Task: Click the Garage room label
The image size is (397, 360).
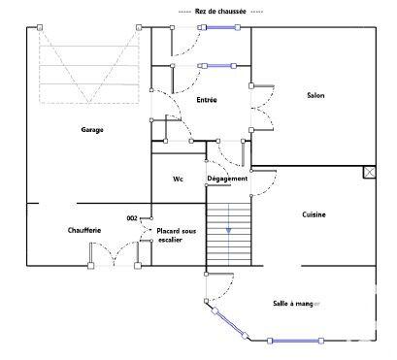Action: click(x=92, y=129)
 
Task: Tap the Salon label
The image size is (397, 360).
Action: click(x=315, y=95)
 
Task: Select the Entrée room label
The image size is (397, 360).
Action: click(x=206, y=100)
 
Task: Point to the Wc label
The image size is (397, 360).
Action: click(x=178, y=180)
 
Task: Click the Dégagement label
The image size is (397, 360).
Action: click(x=227, y=179)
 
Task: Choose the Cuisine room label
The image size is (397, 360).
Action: click(x=314, y=214)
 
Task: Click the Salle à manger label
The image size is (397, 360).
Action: click(x=295, y=304)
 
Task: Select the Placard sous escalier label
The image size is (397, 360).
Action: click(x=176, y=235)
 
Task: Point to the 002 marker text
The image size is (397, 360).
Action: click(x=132, y=218)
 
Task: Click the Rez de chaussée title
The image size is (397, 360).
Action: click(x=215, y=11)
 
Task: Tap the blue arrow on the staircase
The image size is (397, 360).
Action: click(x=228, y=230)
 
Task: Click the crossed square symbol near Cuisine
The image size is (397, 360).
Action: click(x=368, y=173)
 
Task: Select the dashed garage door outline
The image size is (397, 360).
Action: click(x=86, y=66)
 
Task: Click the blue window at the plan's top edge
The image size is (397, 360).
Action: click(x=219, y=27)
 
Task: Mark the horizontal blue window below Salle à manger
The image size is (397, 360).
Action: click(x=295, y=341)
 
